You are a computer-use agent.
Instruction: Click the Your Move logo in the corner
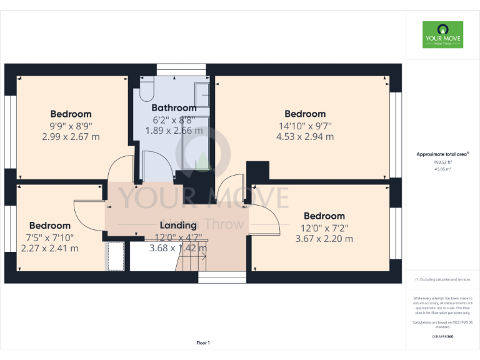(442, 35)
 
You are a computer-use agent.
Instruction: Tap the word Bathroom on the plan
(174, 107)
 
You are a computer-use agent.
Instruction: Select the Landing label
(178, 225)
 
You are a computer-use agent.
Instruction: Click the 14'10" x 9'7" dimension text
(305, 125)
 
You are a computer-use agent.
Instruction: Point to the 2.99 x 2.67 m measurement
(71, 136)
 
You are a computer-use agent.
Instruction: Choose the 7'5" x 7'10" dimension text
(50, 237)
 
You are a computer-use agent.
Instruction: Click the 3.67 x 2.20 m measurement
(324, 238)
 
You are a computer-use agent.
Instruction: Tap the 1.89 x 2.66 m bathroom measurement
(174, 131)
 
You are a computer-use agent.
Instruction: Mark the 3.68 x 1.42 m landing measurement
(178, 248)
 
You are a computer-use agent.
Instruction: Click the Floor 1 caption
(203, 342)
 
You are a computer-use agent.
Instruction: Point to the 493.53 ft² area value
(442, 162)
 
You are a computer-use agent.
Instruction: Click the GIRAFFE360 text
(442, 337)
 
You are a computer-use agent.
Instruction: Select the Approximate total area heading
(442, 154)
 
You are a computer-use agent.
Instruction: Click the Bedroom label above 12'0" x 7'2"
(324, 216)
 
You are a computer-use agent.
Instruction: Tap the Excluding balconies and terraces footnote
(442, 279)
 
